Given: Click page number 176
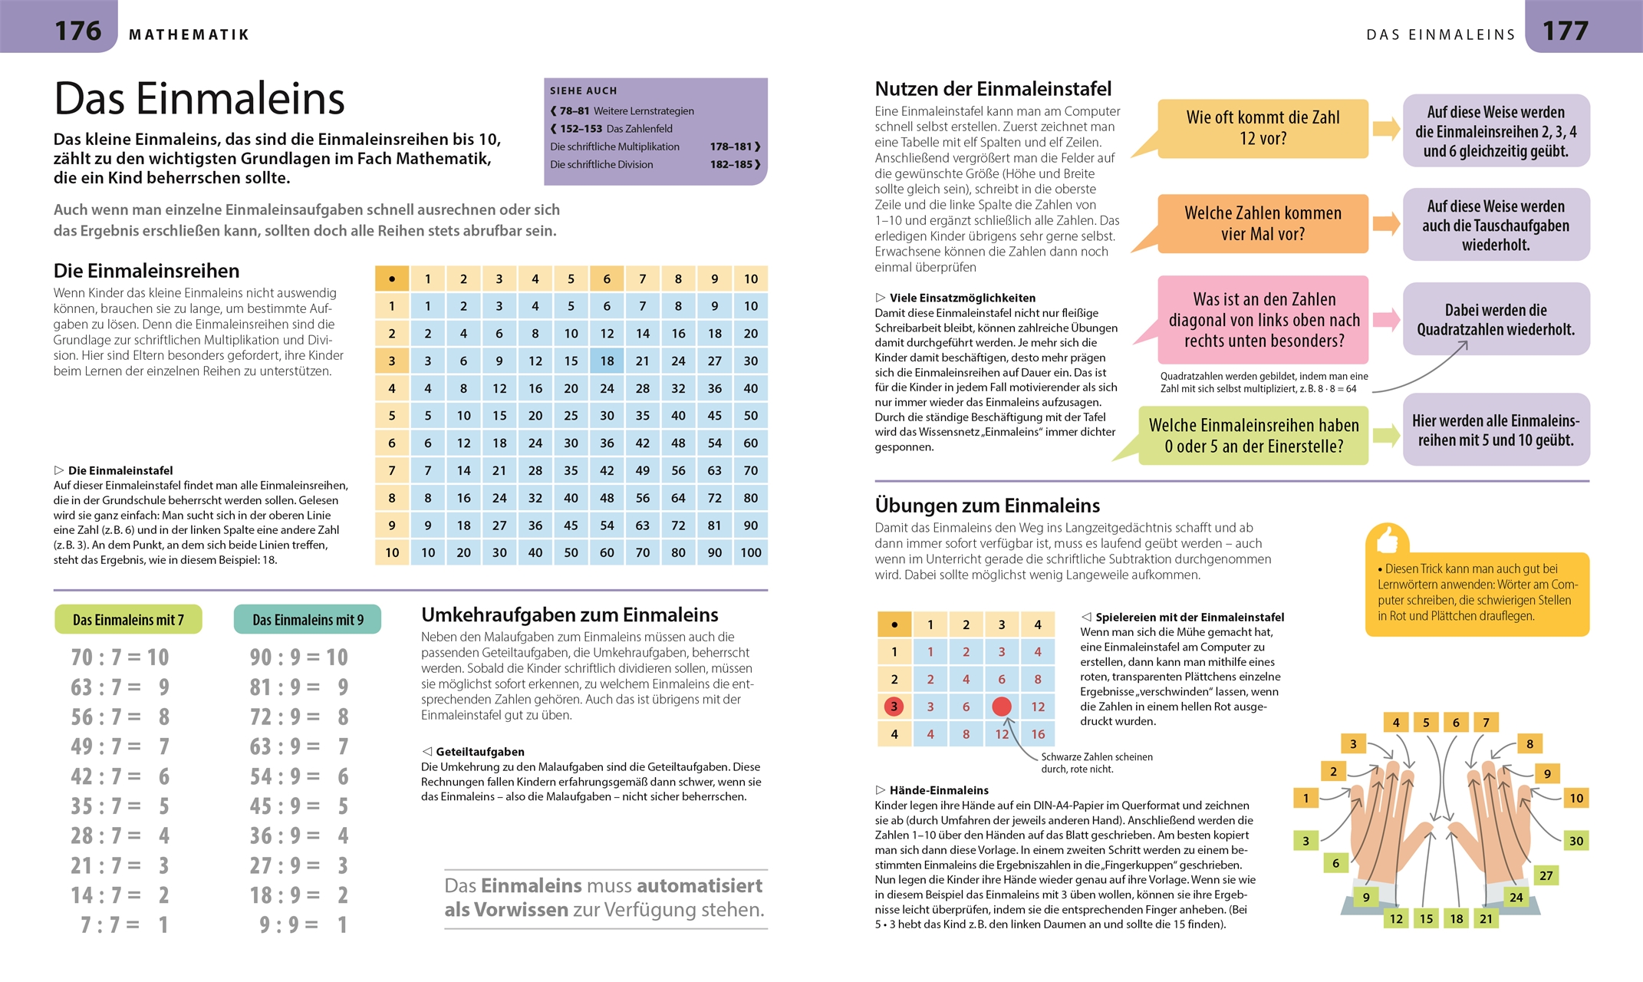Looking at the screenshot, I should (78, 31).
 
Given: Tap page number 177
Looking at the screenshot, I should (1565, 31).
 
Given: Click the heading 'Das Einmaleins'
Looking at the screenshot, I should (199, 99).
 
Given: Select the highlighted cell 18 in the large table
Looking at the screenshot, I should (607, 361).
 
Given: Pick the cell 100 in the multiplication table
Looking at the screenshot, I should (750, 552).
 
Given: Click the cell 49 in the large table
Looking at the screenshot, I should (643, 470).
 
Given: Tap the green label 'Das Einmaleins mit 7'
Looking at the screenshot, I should (128, 620).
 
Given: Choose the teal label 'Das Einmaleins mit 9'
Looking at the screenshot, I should (308, 620).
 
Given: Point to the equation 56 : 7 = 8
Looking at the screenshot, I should (120, 717).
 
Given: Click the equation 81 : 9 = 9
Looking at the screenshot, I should (299, 687).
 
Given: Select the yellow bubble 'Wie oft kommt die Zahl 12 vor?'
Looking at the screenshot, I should (1263, 128).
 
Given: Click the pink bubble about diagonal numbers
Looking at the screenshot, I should (1263, 320).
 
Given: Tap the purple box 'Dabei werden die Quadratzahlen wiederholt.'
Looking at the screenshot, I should (1496, 319).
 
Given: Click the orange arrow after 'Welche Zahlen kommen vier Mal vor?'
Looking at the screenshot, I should (1386, 224).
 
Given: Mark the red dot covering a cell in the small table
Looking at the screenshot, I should (1002, 707).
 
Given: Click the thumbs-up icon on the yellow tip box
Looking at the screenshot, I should (1387, 539).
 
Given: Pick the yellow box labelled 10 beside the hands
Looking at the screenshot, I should (1576, 798).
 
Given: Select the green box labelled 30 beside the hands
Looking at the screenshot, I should (1576, 841).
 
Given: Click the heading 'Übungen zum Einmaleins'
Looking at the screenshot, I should (987, 506).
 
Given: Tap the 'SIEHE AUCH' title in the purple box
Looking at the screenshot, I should (583, 91).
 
